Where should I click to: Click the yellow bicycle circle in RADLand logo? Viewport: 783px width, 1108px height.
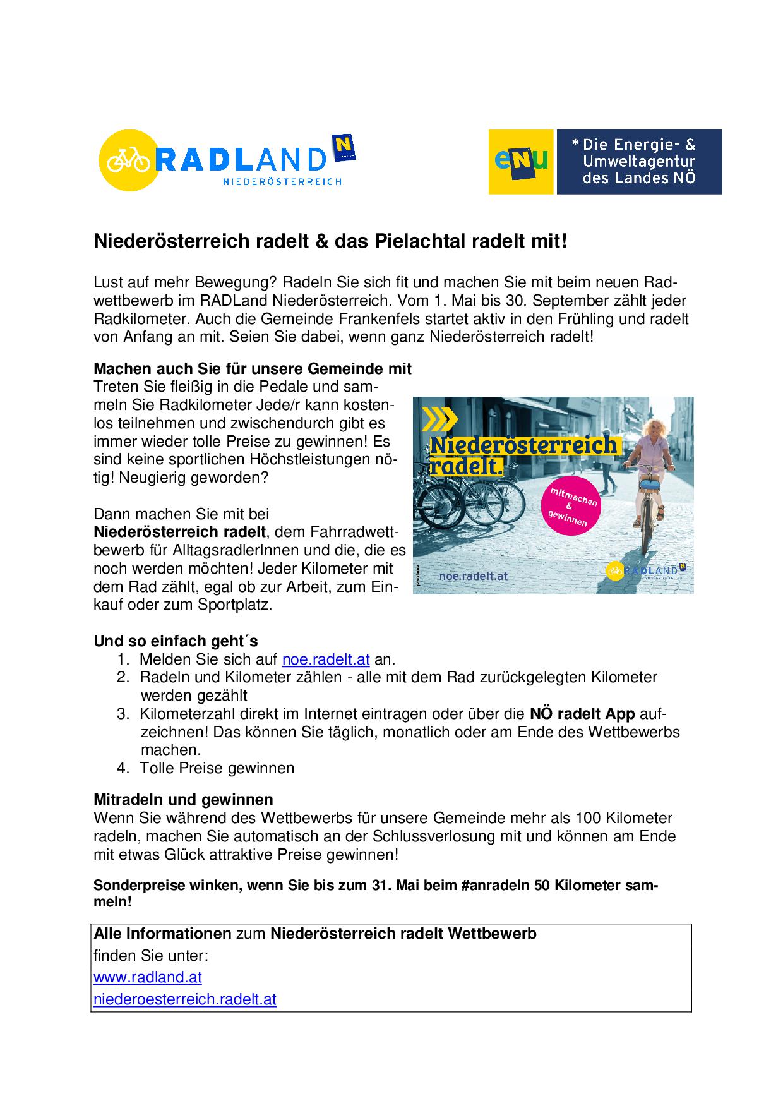[128, 160]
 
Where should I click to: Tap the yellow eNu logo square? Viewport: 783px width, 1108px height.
[521, 162]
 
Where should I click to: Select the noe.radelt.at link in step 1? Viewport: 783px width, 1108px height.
[325, 659]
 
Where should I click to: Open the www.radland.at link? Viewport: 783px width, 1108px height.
[147, 977]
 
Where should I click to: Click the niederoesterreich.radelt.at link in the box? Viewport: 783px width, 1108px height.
[184, 1000]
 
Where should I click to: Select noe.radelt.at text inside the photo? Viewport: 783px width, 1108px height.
[473, 575]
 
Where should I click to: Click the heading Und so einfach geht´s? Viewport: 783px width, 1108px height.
[176, 641]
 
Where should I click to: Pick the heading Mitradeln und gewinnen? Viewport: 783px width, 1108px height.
[183, 800]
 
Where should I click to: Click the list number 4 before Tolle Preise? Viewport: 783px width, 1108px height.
[123, 768]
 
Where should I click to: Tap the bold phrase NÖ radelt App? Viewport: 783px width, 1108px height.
[582, 714]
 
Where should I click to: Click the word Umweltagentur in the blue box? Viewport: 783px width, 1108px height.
[638, 162]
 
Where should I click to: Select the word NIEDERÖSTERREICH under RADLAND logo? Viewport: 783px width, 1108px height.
[282, 182]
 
